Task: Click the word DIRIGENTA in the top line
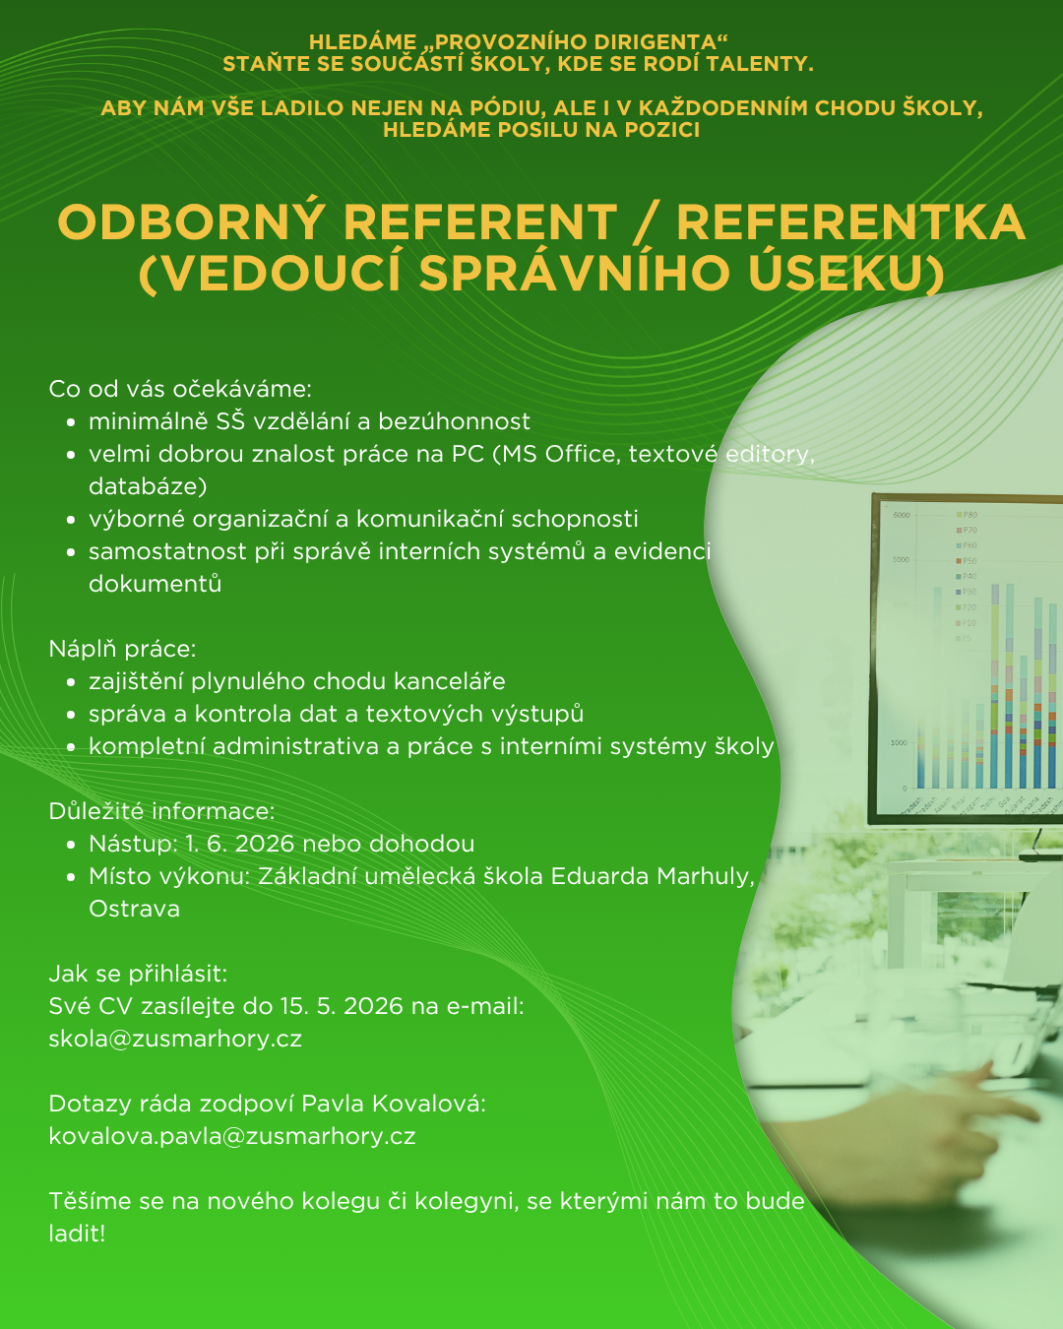[x=653, y=42]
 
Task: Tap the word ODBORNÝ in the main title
[x=191, y=221]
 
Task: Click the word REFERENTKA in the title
[x=850, y=222]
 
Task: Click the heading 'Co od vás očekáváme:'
[x=180, y=389]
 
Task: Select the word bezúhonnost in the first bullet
[x=454, y=421]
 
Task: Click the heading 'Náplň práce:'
[x=122, y=649]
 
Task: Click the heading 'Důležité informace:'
[x=161, y=811]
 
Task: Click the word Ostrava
[x=134, y=909]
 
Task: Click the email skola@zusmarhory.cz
[x=175, y=1039]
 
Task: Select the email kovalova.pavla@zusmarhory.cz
[x=232, y=1136]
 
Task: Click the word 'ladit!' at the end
[x=77, y=1234]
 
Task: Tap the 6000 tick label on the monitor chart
[x=902, y=515]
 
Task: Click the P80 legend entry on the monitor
[x=968, y=515]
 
